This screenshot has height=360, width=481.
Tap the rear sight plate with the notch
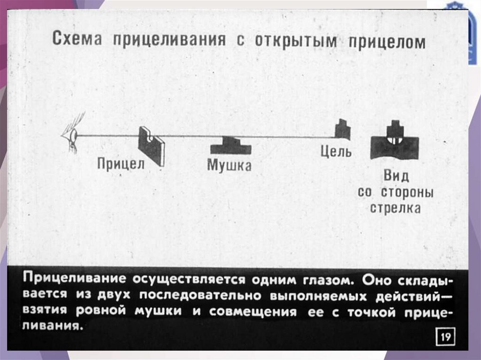[x=151, y=146]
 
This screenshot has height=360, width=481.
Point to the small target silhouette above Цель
[x=342, y=130]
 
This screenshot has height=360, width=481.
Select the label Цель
[x=336, y=152]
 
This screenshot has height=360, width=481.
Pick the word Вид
[x=396, y=176]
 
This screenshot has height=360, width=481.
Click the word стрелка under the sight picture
[x=395, y=208]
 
